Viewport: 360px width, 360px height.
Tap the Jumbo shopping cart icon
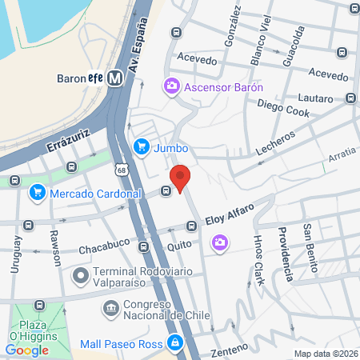tap(142, 146)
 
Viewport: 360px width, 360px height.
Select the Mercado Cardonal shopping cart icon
tap(37, 193)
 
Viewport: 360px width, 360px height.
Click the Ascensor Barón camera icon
tap(171, 86)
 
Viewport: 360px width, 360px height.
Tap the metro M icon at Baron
tap(116, 78)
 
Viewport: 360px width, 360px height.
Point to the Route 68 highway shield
tap(121, 170)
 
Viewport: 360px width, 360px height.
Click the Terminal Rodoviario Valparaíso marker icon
tap(80, 276)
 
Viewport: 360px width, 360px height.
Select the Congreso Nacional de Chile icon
tap(110, 306)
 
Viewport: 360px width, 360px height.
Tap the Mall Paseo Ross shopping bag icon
tap(174, 344)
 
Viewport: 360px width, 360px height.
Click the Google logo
tap(26, 350)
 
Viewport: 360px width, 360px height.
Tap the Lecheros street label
tap(274, 141)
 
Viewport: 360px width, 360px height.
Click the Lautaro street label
tap(314, 98)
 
